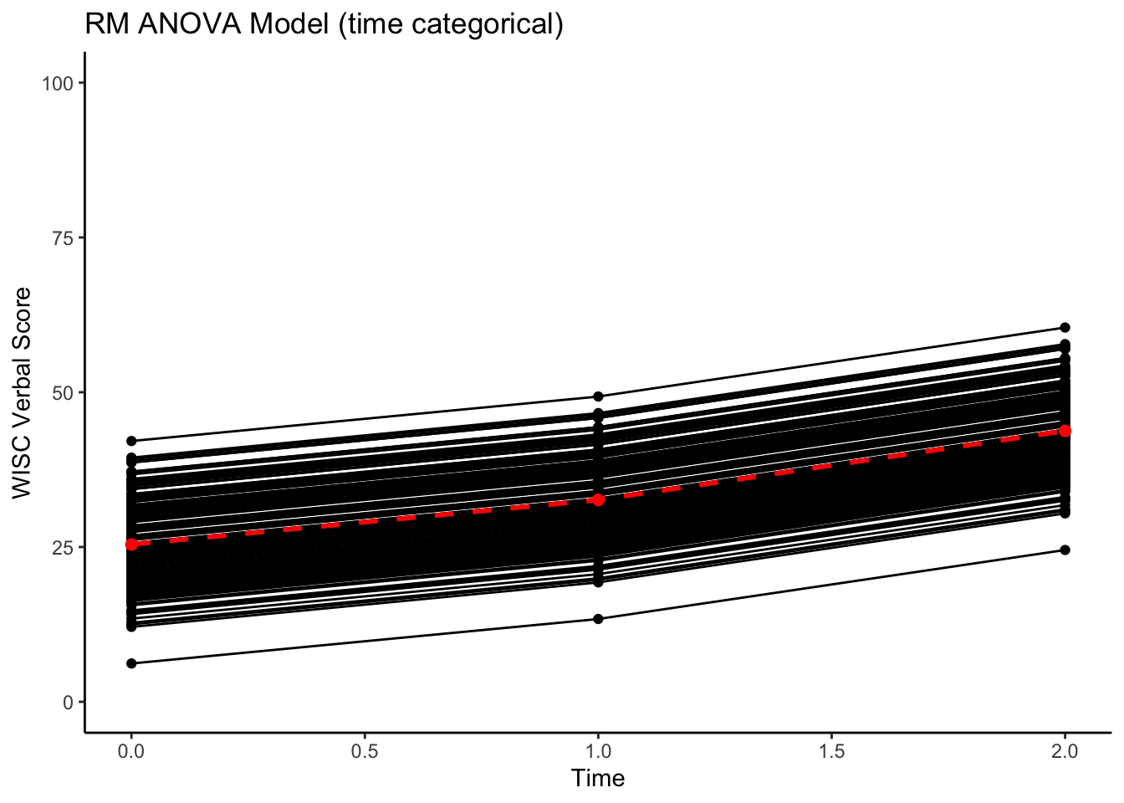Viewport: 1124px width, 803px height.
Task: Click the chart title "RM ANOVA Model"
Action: click(x=324, y=25)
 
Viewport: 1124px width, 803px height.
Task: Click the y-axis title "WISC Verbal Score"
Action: click(x=23, y=392)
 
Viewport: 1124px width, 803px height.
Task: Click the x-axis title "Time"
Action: click(x=598, y=779)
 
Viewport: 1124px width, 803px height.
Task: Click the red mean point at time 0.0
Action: click(x=131, y=545)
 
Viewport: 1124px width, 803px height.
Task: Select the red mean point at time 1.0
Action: click(x=598, y=499)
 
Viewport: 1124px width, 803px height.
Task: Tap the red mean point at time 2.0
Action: click(x=1065, y=431)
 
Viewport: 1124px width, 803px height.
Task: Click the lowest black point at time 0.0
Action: click(x=131, y=663)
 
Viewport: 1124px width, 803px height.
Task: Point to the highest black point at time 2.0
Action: click(x=1065, y=327)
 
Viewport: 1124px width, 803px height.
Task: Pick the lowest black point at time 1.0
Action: click(x=598, y=619)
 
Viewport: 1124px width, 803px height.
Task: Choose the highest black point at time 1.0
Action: click(x=598, y=396)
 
